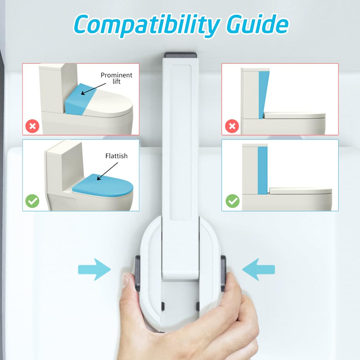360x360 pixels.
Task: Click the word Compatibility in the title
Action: (x=147, y=25)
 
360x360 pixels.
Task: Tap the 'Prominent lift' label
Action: (x=116, y=78)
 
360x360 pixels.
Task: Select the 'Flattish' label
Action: (x=116, y=156)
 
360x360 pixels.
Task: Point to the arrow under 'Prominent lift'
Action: (x=94, y=89)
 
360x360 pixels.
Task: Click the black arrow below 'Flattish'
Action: (x=107, y=171)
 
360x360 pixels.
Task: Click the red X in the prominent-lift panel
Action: (x=32, y=126)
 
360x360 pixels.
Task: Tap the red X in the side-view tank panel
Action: (x=232, y=126)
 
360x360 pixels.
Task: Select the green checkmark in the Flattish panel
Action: (x=32, y=201)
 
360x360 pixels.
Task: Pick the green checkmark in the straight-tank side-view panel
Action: (x=233, y=201)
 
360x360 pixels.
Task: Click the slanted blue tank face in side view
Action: (x=263, y=95)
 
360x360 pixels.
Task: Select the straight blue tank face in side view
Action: (x=263, y=171)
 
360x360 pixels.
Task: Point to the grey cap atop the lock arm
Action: (x=181, y=55)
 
